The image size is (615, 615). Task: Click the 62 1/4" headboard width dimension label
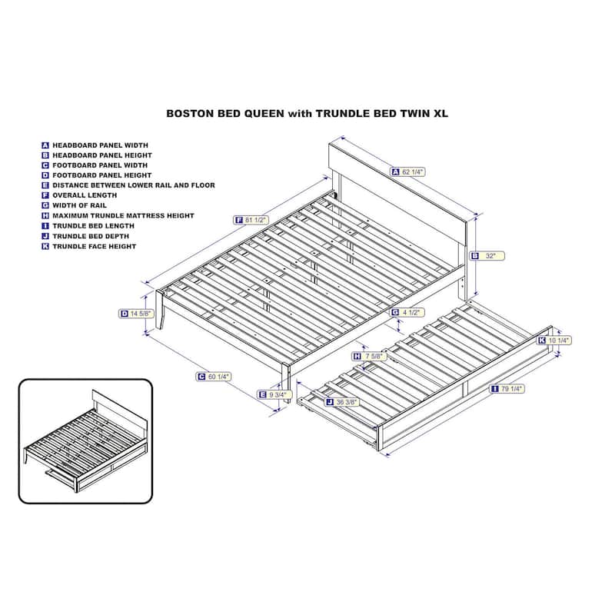click(407, 171)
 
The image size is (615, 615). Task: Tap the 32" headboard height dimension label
click(487, 256)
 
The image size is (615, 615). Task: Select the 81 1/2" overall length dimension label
click(251, 220)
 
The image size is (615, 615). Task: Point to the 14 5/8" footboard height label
click(136, 314)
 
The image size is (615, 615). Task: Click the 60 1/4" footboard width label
click(214, 377)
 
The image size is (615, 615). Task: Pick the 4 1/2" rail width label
click(408, 312)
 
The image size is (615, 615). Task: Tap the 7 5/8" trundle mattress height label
click(370, 356)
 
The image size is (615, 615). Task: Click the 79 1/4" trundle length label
click(507, 389)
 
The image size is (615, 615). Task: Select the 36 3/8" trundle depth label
click(342, 402)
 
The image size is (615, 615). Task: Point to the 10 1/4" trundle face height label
click(554, 341)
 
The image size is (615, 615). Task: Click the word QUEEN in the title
click(264, 113)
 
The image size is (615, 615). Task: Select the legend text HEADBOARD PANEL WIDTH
click(101, 145)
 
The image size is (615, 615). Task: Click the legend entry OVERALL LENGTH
click(85, 195)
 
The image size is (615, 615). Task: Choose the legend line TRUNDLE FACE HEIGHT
click(94, 246)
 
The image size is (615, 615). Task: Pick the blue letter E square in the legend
click(45, 185)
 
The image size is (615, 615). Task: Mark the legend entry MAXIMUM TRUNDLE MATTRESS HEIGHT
click(123, 216)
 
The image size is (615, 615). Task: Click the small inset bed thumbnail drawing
click(85, 440)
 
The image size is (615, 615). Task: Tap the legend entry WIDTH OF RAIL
click(79, 205)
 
